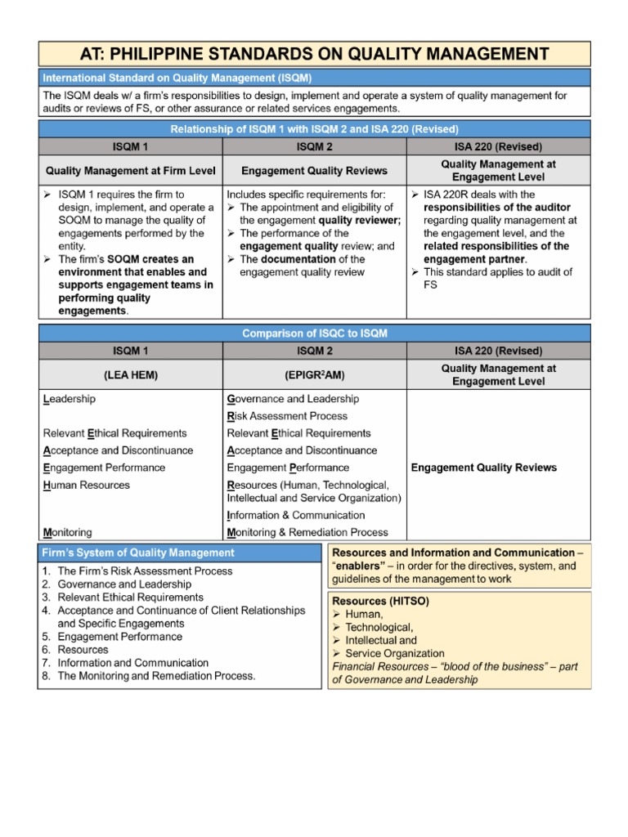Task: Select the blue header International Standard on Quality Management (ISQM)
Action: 177,78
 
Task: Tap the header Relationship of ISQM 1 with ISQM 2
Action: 314,129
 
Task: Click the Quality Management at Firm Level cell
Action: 131,171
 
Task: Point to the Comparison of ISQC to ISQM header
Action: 314,333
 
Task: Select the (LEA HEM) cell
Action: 131,375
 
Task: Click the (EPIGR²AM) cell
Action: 314,375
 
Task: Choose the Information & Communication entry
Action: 295,515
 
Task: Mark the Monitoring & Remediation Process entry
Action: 307,532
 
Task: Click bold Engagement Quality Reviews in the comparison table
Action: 483,468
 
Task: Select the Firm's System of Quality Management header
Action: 138,553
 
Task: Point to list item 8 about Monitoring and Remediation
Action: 155,676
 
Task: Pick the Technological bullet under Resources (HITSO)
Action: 380,627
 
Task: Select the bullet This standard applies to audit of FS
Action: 499,278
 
